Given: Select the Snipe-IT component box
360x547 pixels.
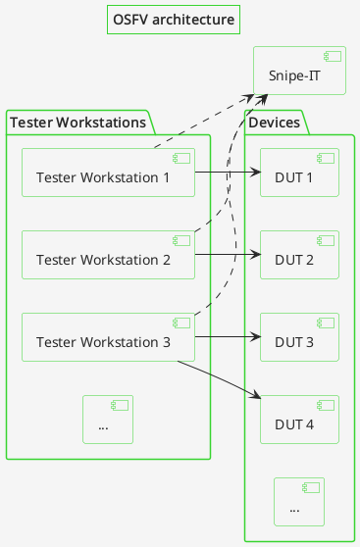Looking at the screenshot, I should [299, 71].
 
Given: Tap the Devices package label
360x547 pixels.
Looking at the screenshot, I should [275, 123].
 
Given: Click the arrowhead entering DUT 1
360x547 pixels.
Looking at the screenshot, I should [255, 173].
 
